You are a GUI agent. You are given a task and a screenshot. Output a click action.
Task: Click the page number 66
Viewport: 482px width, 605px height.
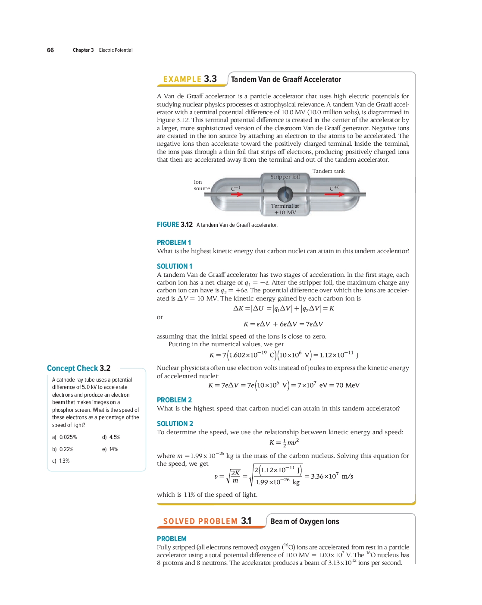[50, 50]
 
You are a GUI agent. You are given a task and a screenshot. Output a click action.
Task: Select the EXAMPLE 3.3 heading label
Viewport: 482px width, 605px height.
[190, 79]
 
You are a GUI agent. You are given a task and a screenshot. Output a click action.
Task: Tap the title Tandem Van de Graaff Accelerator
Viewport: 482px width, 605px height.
[286, 79]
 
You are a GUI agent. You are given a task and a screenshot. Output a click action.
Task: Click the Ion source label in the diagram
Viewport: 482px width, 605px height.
[201, 185]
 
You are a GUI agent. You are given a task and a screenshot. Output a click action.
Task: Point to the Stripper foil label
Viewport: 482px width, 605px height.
[285, 177]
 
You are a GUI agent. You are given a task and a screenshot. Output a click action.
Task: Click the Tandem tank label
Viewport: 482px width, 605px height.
[329, 171]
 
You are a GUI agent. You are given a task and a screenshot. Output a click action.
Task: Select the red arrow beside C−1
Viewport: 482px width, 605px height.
[237, 194]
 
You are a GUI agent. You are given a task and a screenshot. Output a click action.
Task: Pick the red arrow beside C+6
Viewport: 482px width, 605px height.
[335, 194]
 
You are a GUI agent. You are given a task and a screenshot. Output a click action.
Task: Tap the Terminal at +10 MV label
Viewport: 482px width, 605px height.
[285, 209]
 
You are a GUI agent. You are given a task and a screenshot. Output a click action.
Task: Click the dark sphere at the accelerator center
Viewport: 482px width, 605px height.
[285, 194]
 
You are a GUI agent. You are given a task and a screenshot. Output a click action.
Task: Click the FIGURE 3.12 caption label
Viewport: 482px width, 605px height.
[175, 225]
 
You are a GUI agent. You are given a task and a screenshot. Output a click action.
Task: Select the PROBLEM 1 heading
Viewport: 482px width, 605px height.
[174, 243]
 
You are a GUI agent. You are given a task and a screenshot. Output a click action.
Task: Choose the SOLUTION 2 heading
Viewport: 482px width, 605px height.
[175, 424]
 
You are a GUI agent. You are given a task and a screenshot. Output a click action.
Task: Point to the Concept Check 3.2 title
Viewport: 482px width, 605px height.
[78, 368]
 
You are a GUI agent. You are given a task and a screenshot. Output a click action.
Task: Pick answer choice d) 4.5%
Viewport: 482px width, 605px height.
[111, 437]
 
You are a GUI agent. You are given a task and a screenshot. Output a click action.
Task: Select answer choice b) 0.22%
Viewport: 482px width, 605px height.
[63, 449]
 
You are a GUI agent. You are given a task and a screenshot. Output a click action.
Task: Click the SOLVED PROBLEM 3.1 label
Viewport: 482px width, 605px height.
[207, 521]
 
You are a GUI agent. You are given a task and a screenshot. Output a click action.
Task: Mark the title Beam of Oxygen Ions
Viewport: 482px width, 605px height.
[304, 521]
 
